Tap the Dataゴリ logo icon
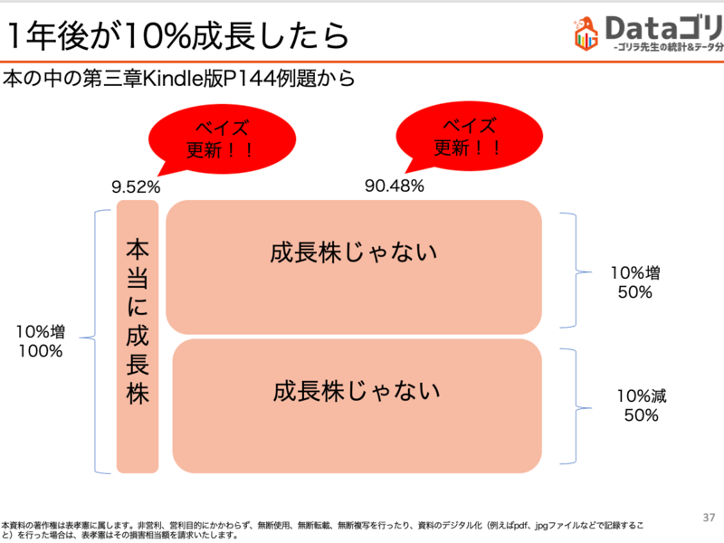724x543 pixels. (x=587, y=33)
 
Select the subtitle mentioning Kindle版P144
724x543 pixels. (x=178, y=79)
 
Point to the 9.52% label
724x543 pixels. (x=136, y=187)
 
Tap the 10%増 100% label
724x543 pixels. (x=40, y=341)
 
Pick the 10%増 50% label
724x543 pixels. (x=634, y=283)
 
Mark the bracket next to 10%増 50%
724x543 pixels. (x=569, y=270)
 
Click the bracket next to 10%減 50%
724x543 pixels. (x=570, y=405)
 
